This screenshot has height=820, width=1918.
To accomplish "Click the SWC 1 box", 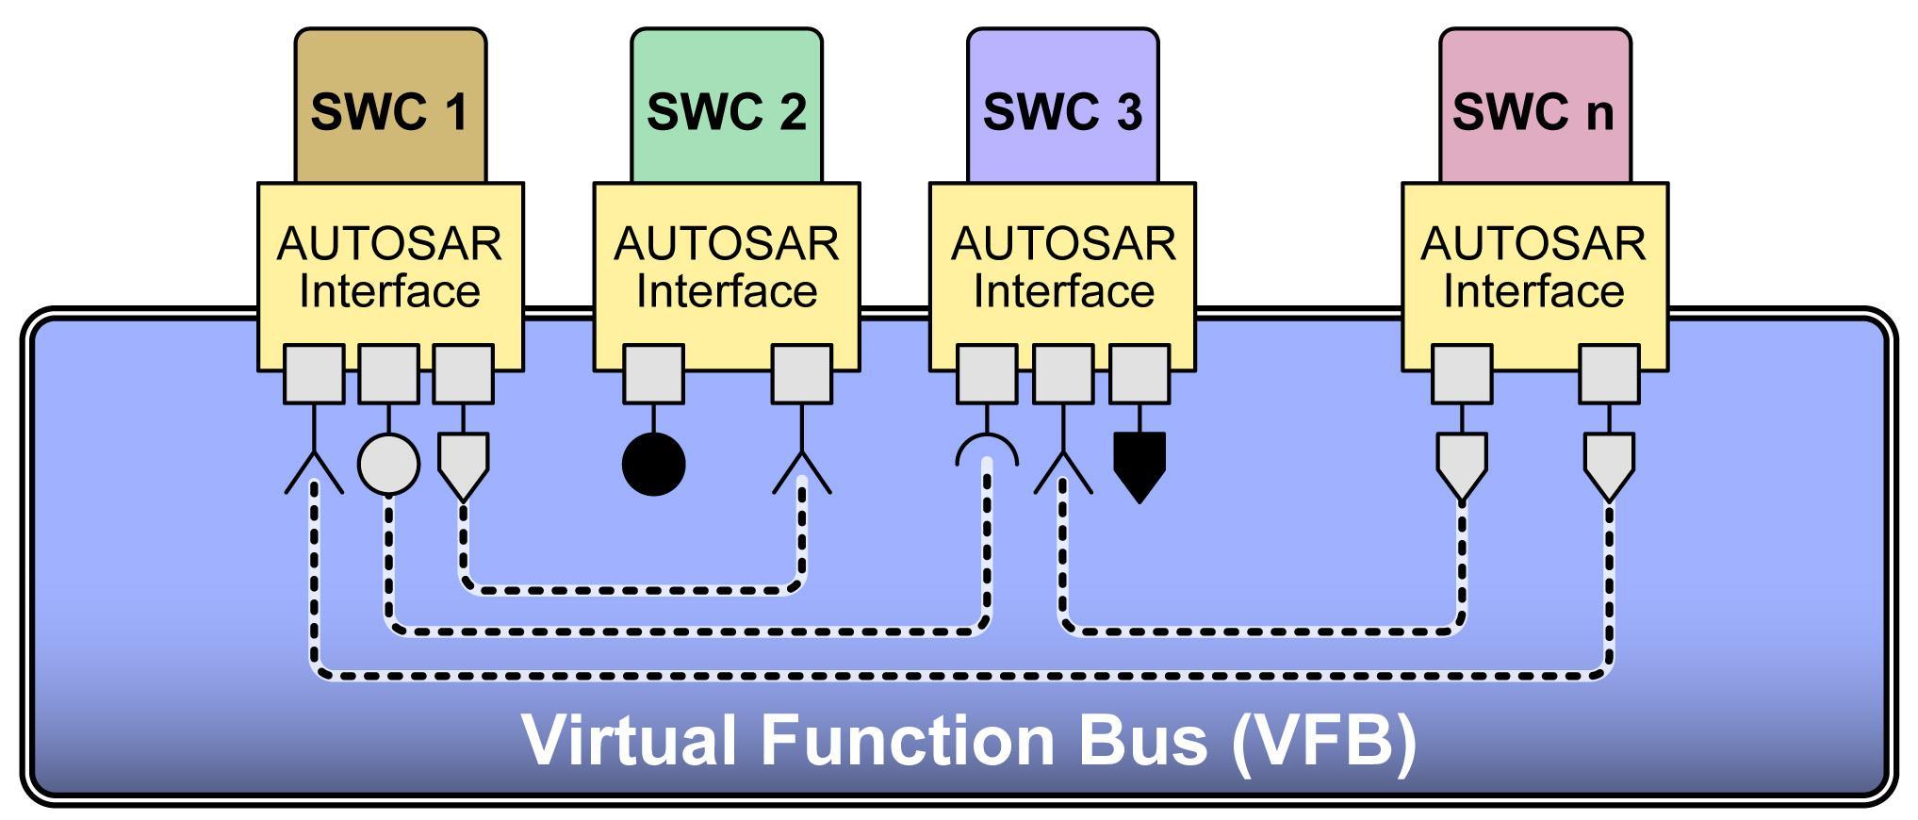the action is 390,106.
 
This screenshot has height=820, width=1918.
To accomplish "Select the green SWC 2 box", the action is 727,106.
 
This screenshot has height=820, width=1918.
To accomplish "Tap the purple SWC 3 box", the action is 1063,106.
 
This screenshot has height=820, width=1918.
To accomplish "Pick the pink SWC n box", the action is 1535,106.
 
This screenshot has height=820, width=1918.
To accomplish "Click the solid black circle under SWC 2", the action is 654,464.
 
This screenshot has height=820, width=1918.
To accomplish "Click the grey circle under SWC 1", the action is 389,464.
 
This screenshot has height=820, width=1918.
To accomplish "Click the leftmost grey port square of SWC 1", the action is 314,374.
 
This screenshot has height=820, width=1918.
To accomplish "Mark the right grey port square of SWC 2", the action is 802,374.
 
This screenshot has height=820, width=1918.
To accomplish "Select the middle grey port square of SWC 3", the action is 1063,374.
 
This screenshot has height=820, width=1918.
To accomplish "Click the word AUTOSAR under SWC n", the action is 1533,244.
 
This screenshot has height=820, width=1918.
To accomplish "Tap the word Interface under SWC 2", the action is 727,290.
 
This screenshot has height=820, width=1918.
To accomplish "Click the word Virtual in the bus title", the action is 630,739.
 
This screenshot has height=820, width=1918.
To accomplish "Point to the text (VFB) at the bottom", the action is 1324,741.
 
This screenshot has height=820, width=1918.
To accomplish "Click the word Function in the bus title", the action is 908,739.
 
